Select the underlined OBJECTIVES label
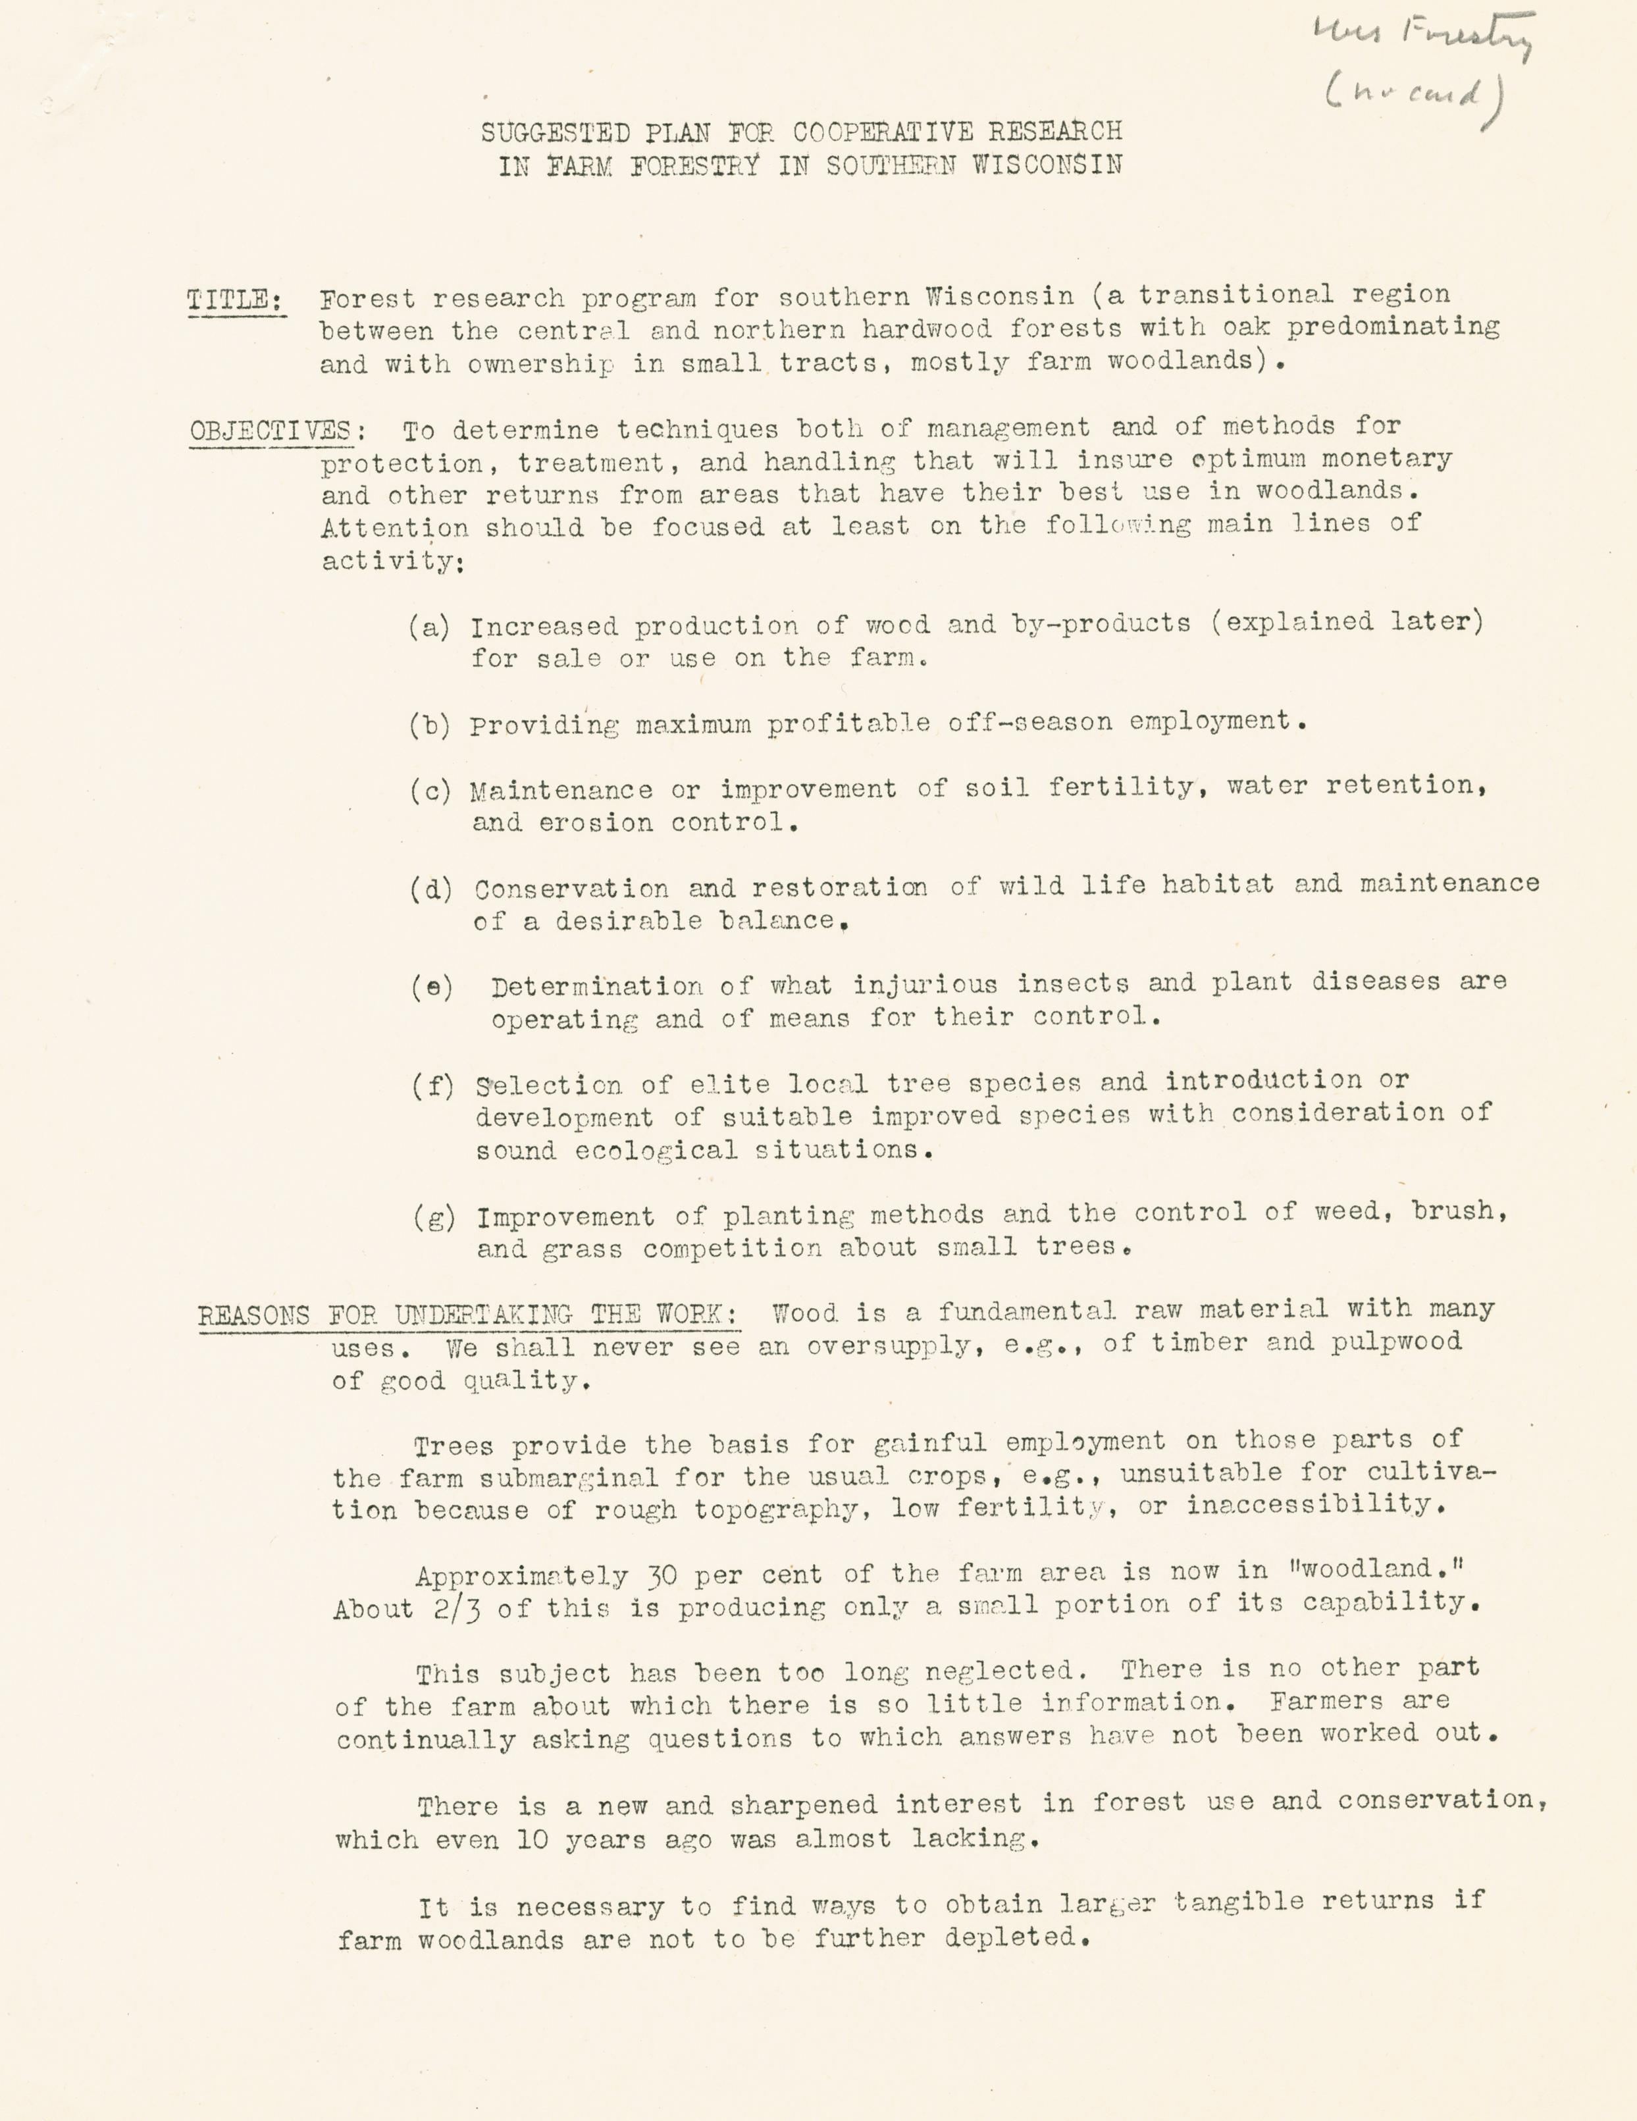pyautogui.click(x=269, y=431)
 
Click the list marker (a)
pyautogui.click(x=429, y=627)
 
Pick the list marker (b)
pyautogui.click(x=429, y=725)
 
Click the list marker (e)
pyautogui.click(x=431, y=987)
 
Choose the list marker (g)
pyautogui.click(x=434, y=1217)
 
